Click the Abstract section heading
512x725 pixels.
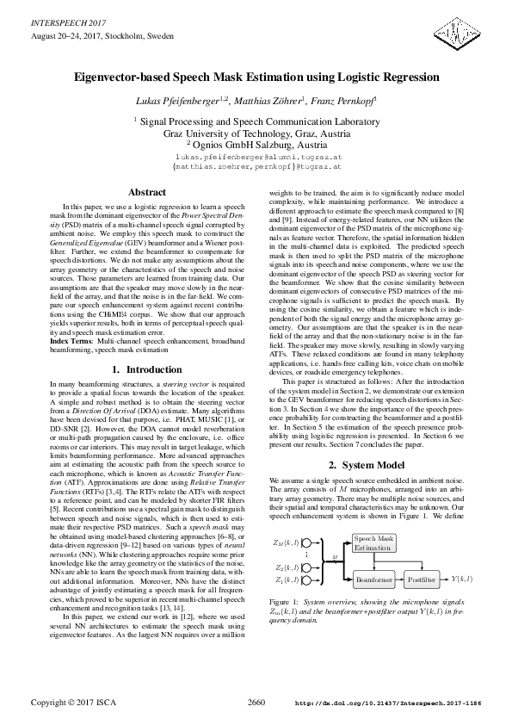pos(145,192)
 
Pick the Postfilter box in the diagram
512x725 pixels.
pos(423,581)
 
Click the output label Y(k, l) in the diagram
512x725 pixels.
pos(465,581)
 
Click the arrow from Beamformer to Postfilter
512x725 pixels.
pos(399,581)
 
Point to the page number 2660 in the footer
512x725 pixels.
pos(256,703)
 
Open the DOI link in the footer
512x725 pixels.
pos(401,704)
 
